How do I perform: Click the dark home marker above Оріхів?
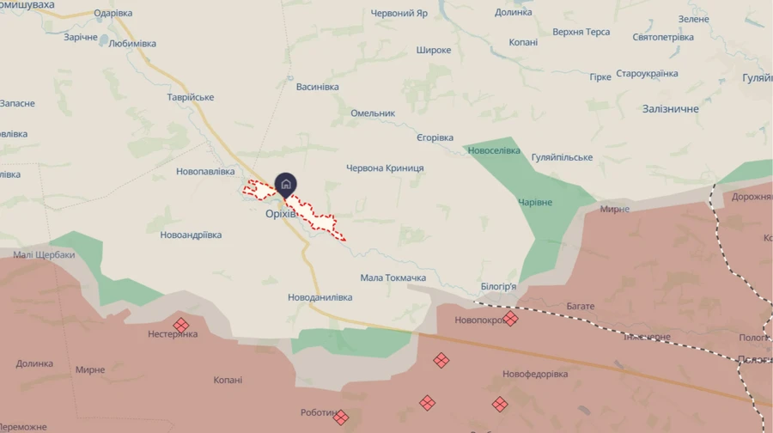click(286, 183)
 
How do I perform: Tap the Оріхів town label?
click(281, 214)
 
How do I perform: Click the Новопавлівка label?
click(205, 172)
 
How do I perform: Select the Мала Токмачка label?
click(393, 278)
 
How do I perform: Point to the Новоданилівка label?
click(320, 297)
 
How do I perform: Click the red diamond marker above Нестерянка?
click(180, 324)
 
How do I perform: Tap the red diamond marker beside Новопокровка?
click(511, 319)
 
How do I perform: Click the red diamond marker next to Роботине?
click(341, 418)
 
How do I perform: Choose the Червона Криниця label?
click(385, 168)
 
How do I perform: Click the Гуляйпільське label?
click(563, 157)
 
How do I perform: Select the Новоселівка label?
click(494, 150)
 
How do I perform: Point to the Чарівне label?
click(535, 202)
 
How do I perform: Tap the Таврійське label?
click(191, 97)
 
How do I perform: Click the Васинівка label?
click(317, 87)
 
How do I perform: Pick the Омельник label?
click(373, 113)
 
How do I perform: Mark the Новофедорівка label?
click(535, 375)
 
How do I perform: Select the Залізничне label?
click(671, 109)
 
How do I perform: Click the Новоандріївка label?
click(191, 235)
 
